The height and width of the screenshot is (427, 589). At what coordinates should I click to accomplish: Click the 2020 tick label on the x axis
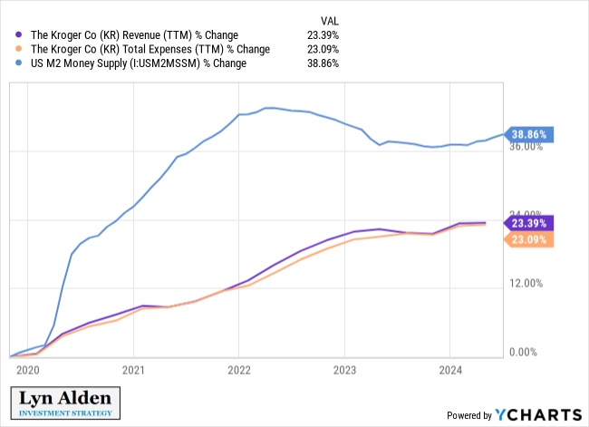(28, 370)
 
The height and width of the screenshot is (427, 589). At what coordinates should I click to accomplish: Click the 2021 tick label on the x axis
(133, 370)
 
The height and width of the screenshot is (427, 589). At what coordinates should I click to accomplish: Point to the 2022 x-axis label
(238, 370)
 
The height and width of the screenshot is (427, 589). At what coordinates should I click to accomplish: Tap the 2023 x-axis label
(344, 370)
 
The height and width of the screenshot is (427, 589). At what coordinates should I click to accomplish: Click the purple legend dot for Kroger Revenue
(17, 35)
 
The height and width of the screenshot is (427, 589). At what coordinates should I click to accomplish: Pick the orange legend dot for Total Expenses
(17, 50)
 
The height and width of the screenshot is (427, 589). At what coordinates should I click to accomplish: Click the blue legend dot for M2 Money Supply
(17, 64)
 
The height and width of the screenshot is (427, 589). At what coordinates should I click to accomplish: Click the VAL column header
(331, 20)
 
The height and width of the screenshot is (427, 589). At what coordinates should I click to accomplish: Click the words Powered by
(468, 415)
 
